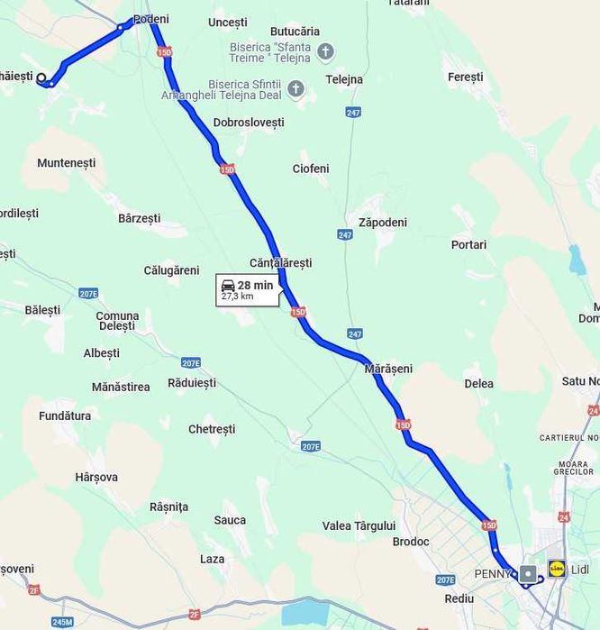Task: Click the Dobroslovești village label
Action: (x=249, y=123)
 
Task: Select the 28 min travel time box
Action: (x=247, y=290)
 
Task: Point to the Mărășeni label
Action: (x=388, y=369)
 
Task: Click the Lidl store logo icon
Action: (x=557, y=569)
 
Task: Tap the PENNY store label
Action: (x=493, y=573)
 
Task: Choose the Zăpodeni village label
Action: (x=382, y=223)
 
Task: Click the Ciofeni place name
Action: (x=311, y=169)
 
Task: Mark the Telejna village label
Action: (x=344, y=79)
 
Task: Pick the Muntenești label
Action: (x=66, y=163)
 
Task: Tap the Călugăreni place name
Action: (x=171, y=270)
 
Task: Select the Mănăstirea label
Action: (x=121, y=387)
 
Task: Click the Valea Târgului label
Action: (x=359, y=525)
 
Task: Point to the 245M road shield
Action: (x=62, y=622)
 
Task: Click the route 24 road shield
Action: (x=564, y=517)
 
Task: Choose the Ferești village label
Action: (x=466, y=78)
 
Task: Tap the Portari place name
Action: (x=468, y=244)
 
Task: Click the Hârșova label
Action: (x=96, y=477)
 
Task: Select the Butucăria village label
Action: (x=295, y=32)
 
